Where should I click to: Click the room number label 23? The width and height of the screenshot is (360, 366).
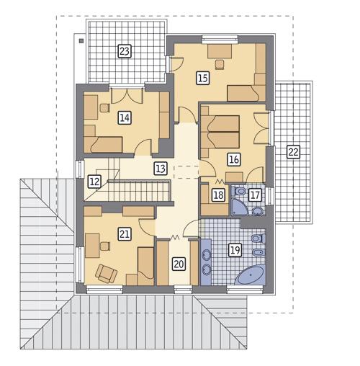(125, 51)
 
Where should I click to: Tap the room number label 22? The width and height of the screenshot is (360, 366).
(293, 152)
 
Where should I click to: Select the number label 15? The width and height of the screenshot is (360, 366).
(203, 78)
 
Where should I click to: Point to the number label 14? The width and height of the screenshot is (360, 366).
(125, 117)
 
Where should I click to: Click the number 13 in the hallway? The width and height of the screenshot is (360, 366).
(161, 169)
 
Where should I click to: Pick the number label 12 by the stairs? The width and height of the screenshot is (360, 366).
(94, 182)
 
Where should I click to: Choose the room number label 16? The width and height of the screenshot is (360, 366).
(234, 159)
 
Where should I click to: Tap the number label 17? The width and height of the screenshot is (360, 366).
(255, 195)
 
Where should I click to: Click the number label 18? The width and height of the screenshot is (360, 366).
(218, 195)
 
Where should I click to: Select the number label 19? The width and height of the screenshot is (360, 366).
(235, 250)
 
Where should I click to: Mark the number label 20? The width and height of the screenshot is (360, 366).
(179, 264)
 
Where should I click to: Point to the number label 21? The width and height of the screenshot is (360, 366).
(125, 234)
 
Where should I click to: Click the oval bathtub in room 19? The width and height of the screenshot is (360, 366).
(250, 275)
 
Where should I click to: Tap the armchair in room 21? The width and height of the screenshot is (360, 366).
(106, 274)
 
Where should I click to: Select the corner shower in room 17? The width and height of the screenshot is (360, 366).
(239, 207)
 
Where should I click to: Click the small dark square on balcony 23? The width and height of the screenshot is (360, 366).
(81, 41)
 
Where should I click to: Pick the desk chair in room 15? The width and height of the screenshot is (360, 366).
(220, 65)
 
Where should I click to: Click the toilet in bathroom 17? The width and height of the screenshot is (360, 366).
(238, 191)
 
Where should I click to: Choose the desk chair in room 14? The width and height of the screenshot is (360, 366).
(105, 108)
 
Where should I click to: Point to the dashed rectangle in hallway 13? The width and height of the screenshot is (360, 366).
(186, 172)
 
